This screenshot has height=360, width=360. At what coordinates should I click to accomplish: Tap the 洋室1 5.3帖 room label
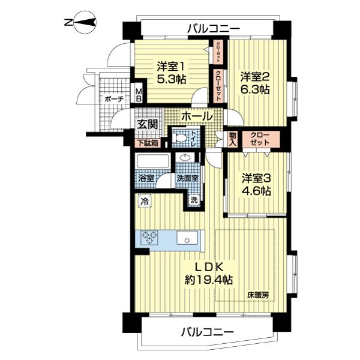[x=172, y=73]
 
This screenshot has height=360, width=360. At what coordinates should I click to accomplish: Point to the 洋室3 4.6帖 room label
[x=256, y=185]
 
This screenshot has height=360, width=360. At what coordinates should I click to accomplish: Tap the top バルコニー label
[x=213, y=28]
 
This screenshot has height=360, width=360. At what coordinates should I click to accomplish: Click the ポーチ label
[x=114, y=99]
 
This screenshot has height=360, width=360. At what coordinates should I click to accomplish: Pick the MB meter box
[x=139, y=95]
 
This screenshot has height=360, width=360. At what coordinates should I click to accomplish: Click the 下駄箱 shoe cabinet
[x=146, y=143]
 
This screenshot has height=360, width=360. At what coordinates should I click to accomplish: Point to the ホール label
[x=196, y=116]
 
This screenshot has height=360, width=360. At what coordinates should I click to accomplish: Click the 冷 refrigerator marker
[x=144, y=202]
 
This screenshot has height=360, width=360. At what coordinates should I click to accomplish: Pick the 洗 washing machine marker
[x=194, y=200]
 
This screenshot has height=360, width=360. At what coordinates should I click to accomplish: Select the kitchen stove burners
[x=149, y=238]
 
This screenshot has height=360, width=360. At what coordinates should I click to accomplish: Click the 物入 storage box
[x=233, y=139]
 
